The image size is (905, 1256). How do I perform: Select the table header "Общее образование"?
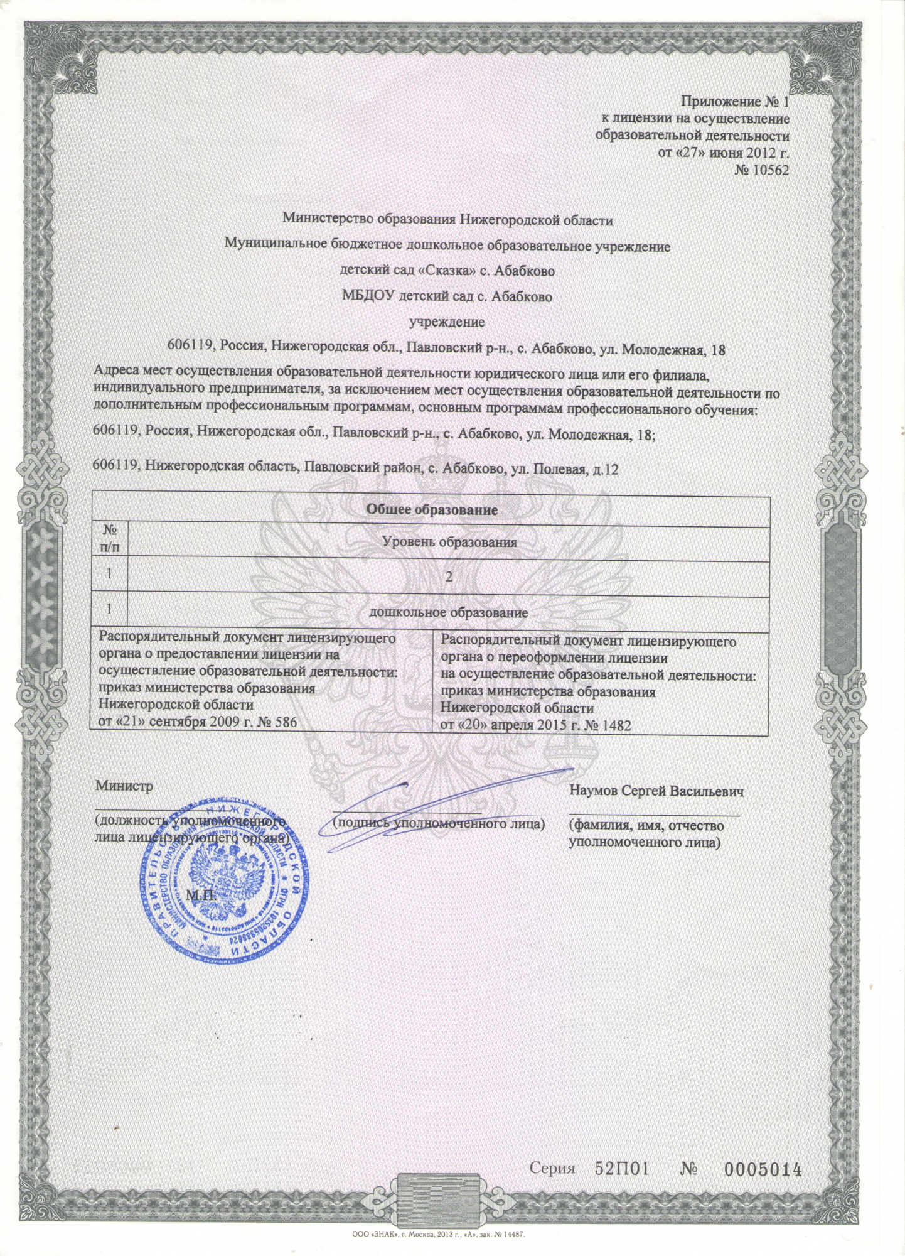tap(431, 510)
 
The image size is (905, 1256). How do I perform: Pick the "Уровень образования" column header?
tap(449, 542)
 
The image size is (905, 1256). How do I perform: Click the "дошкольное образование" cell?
tap(448, 612)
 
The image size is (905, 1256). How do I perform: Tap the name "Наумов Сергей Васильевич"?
tap(656, 791)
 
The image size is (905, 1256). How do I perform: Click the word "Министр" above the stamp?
tap(124, 786)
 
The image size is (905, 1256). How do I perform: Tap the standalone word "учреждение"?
tap(447, 322)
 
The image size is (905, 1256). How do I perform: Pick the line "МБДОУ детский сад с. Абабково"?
tap(447, 296)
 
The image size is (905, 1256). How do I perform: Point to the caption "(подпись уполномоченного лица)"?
tap(439, 823)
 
